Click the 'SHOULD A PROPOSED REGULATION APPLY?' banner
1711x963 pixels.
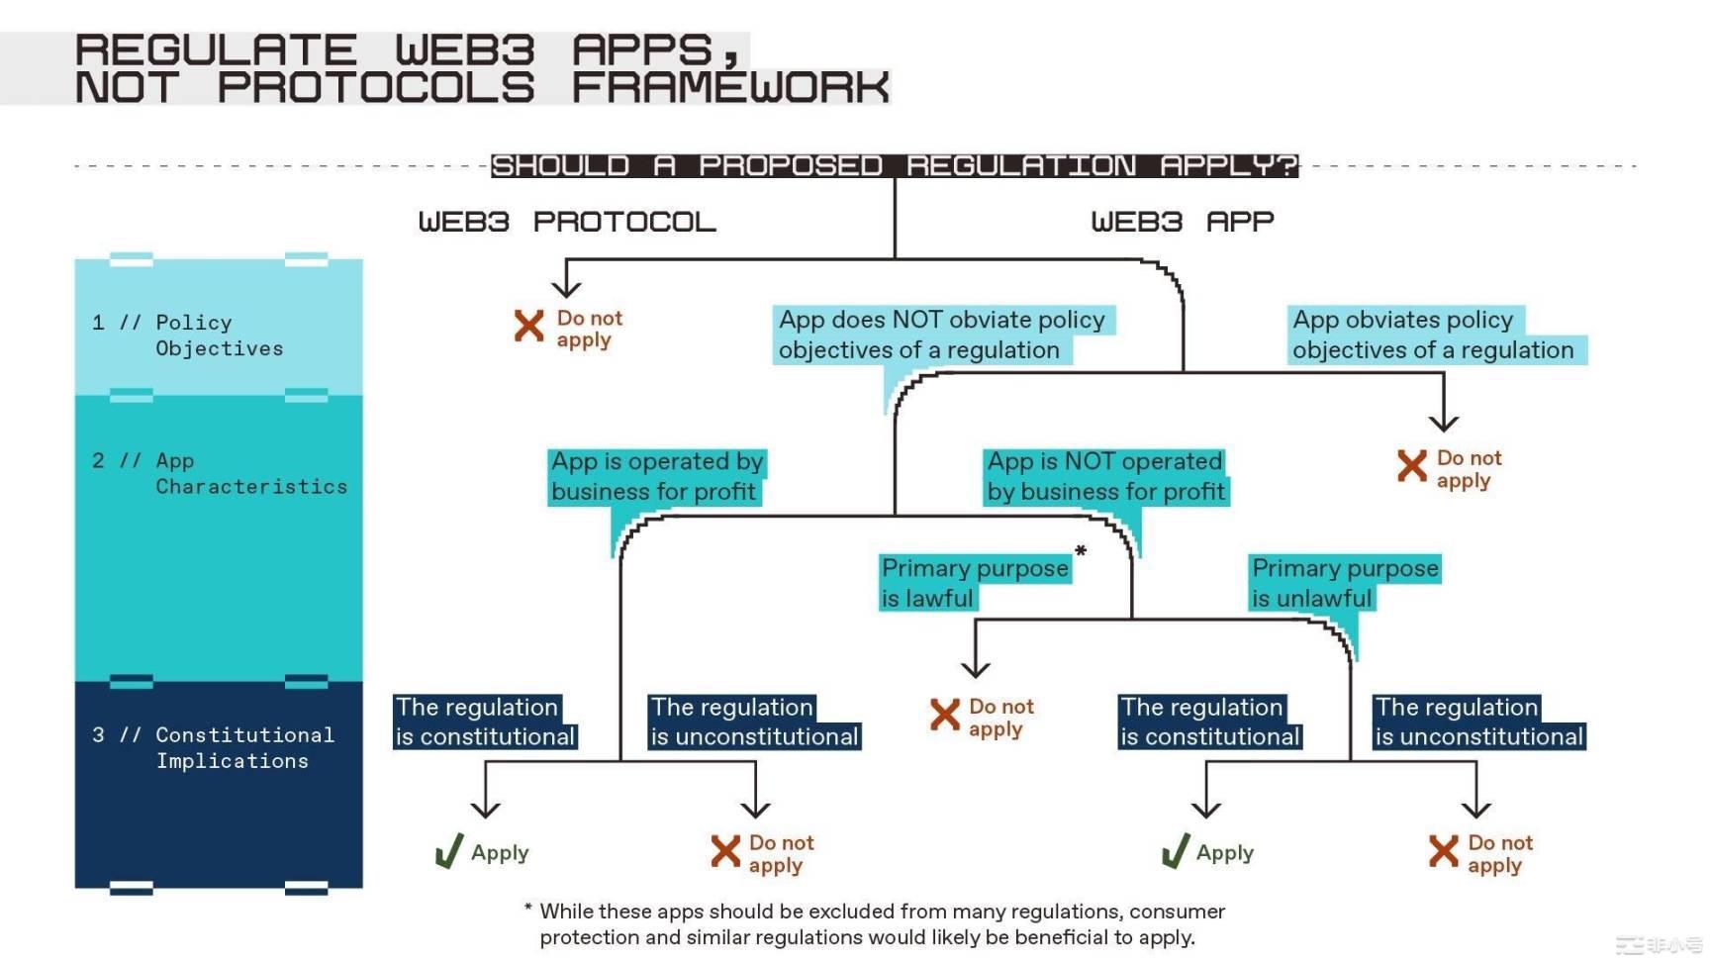(x=894, y=165)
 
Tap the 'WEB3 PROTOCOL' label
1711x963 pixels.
(x=566, y=222)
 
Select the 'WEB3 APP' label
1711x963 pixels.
(x=1182, y=222)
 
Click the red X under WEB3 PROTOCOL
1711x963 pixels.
(x=529, y=326)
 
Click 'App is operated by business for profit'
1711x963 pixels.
(x=656, y=476)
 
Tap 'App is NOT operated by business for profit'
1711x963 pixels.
(x=1105, y=476)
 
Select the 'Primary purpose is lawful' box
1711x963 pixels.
(x=974, y=583)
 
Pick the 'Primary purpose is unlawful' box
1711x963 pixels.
(x=1343, y=583)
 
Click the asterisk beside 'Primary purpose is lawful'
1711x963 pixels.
(x=1081, y=551)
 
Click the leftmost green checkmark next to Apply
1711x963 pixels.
(x=449, y=851)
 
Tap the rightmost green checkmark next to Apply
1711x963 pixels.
(x=1175, y=851)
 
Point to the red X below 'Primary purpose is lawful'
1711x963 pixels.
(x=945, y=715)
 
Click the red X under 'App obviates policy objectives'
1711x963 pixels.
(x=1412, y=465)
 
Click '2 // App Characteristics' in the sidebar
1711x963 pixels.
(x=219, y=473)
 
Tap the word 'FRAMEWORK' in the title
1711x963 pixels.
(x=730, y=87)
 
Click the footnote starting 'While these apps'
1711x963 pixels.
(x=876, y=923)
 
